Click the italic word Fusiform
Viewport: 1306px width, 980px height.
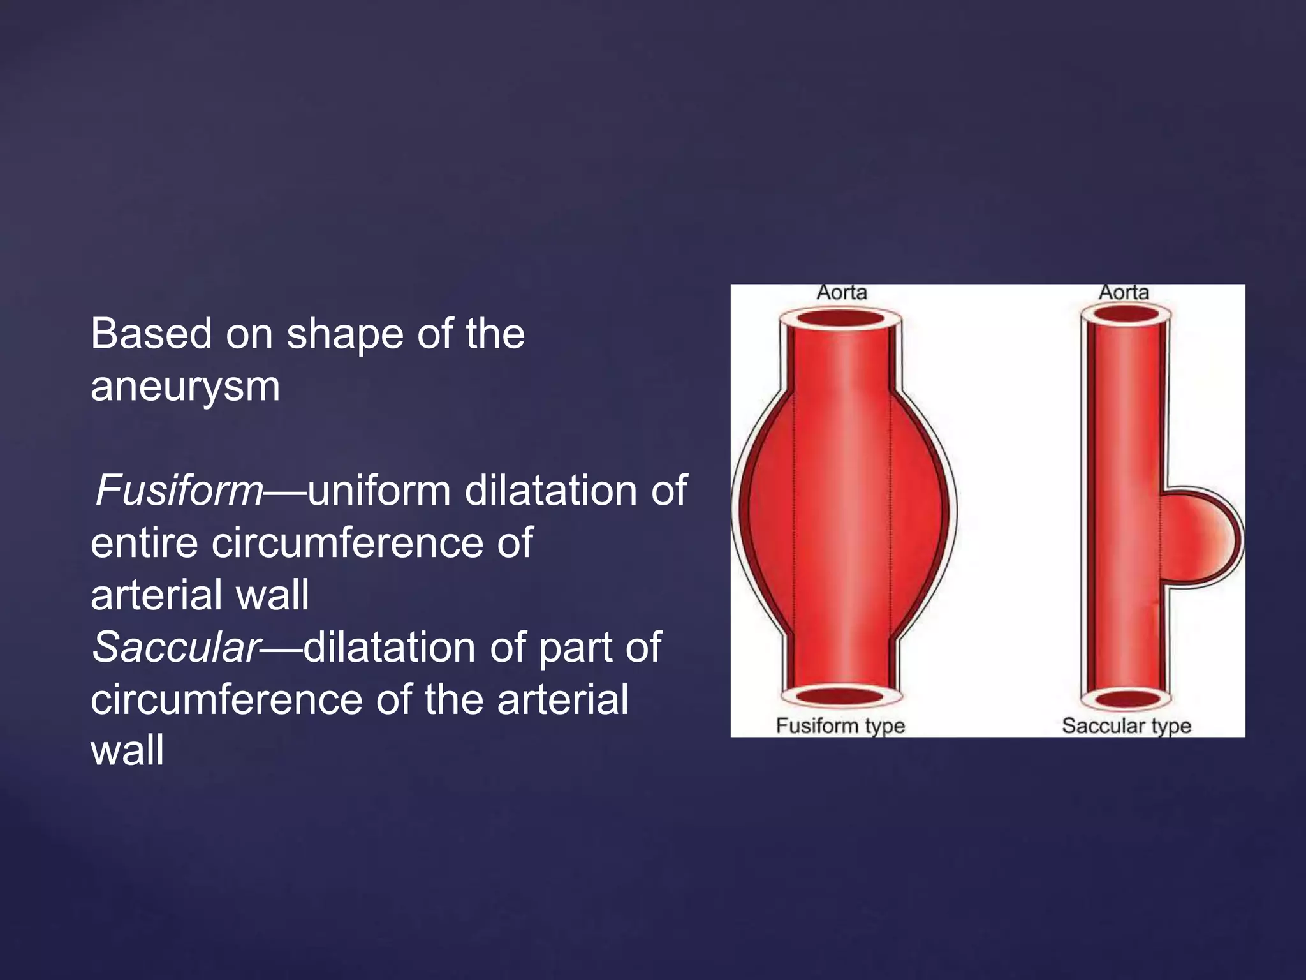click(x=179, y=491)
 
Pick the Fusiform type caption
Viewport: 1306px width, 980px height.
click(x=840, y=725)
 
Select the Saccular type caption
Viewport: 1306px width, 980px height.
click(x=1126, y=725)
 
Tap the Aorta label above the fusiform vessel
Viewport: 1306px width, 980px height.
click(x=842, y=293)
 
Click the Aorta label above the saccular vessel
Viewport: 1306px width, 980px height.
click(x=1124, y=293)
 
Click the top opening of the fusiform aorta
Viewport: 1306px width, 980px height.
click(x=841, y=318)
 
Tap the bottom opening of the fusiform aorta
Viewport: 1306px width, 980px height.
click(x=840, y=696)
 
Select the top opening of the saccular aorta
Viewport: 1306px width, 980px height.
click(x=1126, y=314)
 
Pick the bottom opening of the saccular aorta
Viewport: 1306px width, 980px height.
click(x=1126, y=699)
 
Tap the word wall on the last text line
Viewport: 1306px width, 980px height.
click(x=128, y=750)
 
